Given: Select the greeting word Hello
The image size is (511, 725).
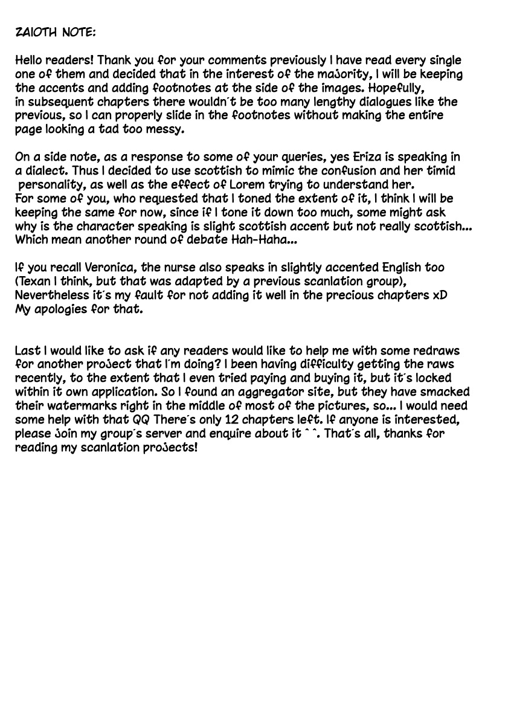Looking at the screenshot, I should pyautogui.click(x=30, y=60).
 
